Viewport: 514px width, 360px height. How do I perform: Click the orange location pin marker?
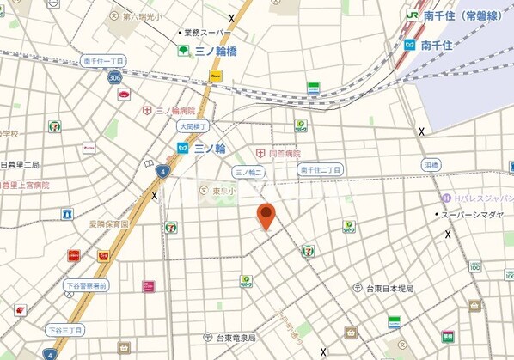[x=267, y=216]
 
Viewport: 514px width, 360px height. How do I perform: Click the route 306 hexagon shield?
[x=115, y=77]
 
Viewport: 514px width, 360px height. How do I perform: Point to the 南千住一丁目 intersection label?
[x=103, y=61]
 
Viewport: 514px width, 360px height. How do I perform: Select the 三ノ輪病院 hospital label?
[x=174, y=111]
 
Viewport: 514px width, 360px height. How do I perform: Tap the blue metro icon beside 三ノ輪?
[x=182, y=148]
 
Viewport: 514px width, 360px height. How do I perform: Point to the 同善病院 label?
[x=284, y=153]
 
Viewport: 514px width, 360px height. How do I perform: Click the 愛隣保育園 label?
[x=108, y=223]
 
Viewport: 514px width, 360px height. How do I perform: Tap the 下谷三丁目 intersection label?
[x=64, y=329]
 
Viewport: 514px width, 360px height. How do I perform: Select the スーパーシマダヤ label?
[x=472, y=214]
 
